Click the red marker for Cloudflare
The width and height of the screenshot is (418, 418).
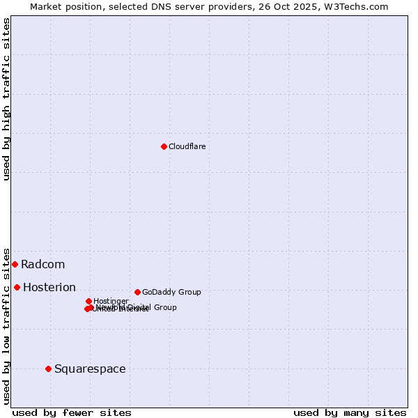point(164,146)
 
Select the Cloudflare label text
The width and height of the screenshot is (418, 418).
point(187,146)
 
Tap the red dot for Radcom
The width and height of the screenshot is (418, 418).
point(15,264)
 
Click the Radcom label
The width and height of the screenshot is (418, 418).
point(42,264)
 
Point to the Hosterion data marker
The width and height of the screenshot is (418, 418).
point(17,287)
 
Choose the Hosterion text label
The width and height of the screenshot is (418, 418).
point(49,287)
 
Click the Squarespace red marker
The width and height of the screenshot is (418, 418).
point(48,369)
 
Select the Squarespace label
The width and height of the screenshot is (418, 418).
point(90,369)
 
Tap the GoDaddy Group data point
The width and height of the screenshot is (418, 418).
point(137,292)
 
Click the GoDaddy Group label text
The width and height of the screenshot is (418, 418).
point(171,292)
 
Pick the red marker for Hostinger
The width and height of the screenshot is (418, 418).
point(88,301)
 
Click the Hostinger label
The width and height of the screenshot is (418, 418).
point(111,301)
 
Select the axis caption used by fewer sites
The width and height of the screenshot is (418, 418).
point(72,412)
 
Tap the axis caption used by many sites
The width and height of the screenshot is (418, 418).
point(350,412)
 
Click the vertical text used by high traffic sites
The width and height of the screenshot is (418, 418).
point(6,99)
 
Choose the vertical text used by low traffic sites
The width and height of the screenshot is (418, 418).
point(6,325)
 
